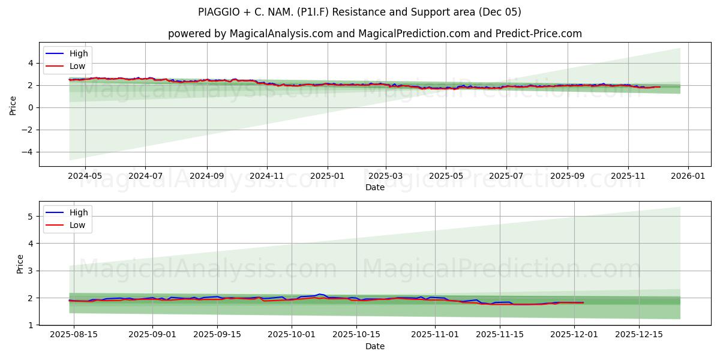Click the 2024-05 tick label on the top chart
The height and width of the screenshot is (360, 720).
(x=85, y=176)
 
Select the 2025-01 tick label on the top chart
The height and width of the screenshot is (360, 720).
(x=328, y=176)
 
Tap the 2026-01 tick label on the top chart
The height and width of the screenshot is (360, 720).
(x=688, y=176)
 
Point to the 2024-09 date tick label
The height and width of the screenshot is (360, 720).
(x=207, y=176)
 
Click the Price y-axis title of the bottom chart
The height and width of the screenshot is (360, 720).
(x=20, y=264)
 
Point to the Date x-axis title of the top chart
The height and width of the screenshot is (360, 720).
(x=375, y=187)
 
